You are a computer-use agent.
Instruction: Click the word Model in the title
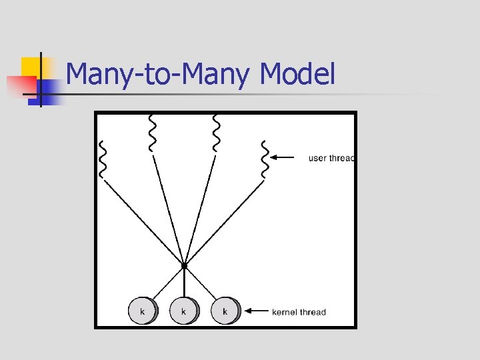(x=297, y=74)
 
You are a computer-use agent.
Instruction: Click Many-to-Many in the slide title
(x=159, y=74)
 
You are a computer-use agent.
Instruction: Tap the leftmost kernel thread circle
(x=142, y=311)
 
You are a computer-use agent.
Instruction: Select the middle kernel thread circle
(x=183, y=311)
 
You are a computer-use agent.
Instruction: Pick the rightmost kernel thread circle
(x=225, y=311)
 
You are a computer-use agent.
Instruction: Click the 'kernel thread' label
(x=299, y=312)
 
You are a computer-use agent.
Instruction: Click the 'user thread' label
(x=331, y=158)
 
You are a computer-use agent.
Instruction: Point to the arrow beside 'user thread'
(x=284, y=158)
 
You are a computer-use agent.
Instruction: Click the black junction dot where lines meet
(x=184, y=265)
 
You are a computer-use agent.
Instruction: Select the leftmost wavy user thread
(x=102, y=159)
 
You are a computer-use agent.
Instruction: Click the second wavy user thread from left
(x=152, y=133)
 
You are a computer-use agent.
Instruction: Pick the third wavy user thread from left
(x=215, y=133)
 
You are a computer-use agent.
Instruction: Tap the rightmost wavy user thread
(x=265, y=159)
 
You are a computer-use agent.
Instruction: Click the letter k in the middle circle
(x=183, y=311)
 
